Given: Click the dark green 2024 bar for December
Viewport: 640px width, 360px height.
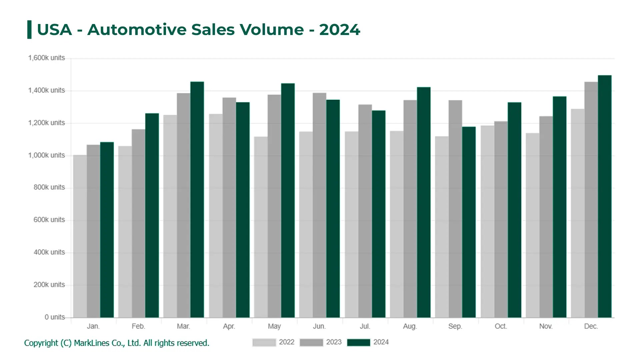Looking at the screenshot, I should [x=604, y=197].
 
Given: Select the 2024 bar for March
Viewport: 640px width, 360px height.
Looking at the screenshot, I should [x=197, y=200].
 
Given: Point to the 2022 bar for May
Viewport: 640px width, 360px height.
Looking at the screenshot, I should [x=261, y=227].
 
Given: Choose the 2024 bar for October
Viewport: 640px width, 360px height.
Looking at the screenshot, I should [x=514, y=210].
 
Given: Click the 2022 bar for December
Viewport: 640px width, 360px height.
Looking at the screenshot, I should [x=577, y=213].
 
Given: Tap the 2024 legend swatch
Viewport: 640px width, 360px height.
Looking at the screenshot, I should [x=358, y=342].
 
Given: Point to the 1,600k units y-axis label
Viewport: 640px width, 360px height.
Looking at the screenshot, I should [x=46, y=58].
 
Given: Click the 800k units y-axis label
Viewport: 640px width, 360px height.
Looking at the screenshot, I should [x=49, y=187].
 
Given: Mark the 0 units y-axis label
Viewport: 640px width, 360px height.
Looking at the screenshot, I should [x=55, y=317].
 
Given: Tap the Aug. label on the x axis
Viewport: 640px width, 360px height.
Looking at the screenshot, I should [x=410, y=326].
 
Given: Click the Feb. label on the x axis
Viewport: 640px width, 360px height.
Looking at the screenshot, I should [x=138, y=326].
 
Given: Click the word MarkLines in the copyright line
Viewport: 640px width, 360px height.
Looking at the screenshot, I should [x=92, y=343].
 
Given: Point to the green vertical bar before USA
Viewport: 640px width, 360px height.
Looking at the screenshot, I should [x=29, y=30].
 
